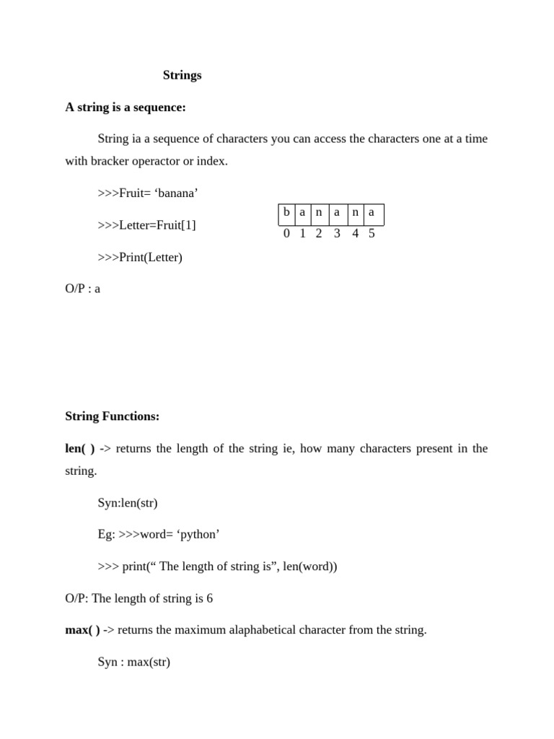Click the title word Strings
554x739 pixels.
(x=182, y=75)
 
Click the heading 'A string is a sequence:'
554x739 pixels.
(x=126, y=107)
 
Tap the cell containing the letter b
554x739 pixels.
(x=286, y=213)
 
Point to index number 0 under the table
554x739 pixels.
(x=286, y=233)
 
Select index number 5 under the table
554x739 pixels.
(x=371, y=233)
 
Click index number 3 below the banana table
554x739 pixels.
(x=337, y=233)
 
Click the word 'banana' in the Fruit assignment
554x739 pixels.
(x=176, y=193)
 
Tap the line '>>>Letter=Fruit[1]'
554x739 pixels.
(x=146, y=224)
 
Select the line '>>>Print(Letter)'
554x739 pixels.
(x=140, y=257)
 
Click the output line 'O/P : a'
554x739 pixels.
(x=83, y=289)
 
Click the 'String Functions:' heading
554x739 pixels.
(x=112, y=416)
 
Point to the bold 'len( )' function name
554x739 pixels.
(x=80, y=448)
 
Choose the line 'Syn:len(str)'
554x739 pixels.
(x=128, y=502)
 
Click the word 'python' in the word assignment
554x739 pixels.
(x=198, y=534)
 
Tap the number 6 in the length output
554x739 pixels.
(x=209, y=598)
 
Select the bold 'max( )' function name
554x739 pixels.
(x=82, y=630)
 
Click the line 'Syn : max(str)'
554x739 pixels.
(x=134, y=662)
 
